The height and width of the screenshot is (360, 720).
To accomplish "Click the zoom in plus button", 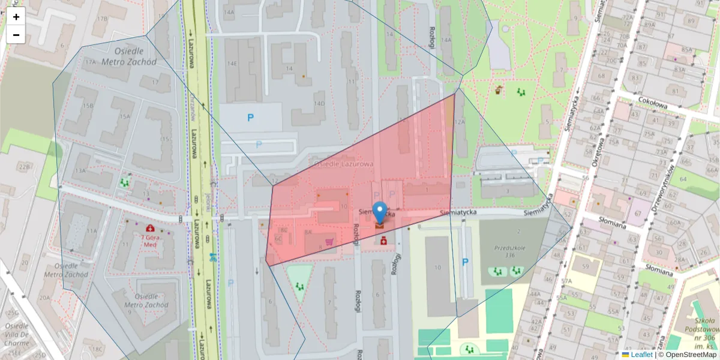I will point(16,17).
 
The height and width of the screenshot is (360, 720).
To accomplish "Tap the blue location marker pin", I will point(380,212).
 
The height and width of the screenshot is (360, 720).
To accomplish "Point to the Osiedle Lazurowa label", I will point(343,164).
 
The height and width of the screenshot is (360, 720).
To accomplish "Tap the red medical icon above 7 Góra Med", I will point(149,229).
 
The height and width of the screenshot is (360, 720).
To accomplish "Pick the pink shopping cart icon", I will point(329,242).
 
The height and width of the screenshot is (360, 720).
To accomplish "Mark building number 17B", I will point(103,19).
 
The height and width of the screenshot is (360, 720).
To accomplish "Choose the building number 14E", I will point(232,62).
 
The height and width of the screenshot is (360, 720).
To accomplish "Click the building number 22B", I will point(24,166).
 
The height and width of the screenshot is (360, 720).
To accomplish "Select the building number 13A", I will point(79,171).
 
